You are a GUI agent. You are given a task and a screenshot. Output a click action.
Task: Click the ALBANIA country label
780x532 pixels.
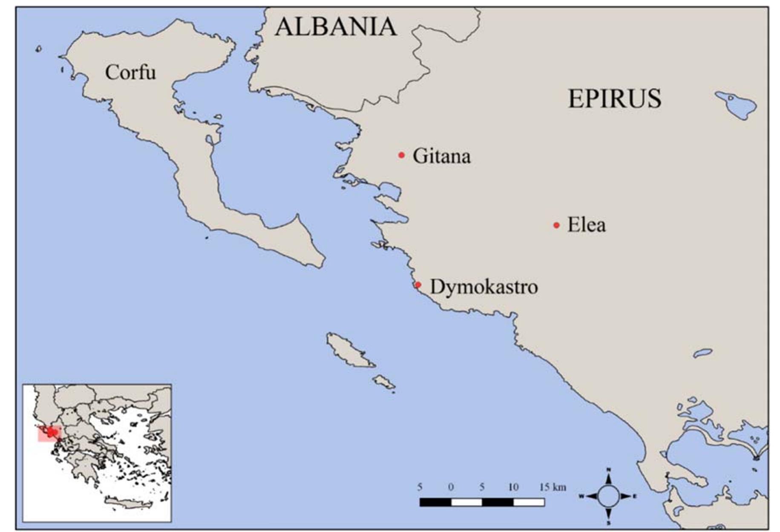pyautogui.click(x=335, y=27)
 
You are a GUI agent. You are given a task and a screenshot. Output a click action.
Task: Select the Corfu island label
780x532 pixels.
pyautogui.click(x=130, y=72)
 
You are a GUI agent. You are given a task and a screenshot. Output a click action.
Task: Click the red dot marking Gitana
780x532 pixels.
pyautogui.click(x=401, y=155)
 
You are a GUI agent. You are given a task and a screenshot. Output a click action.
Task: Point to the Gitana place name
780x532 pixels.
pyautogui.click(x=441, y=156)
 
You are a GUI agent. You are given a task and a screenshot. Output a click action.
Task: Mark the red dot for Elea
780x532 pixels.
pyautogui.click(x=556, y=225)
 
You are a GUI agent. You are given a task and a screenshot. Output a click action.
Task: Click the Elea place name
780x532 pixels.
pyautogui.click(x=586, y=225)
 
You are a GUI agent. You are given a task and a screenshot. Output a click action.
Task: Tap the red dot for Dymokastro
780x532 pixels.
pyautogui.click(x=418, y=285)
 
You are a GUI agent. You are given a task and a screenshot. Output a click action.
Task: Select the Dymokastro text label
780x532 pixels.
pyautogui.click(x=484, y=287)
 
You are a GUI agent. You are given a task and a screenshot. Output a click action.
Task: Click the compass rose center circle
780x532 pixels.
pyautogui.click(x=608, y=496)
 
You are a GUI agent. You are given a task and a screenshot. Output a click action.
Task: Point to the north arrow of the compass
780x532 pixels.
pyautogui.click(x=608, y=477)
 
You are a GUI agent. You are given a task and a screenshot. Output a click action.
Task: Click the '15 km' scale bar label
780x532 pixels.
pyautogui.click(x=553, y=487)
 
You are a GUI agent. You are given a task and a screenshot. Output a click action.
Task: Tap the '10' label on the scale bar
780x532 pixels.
pyautogui.click(x=513, y=487)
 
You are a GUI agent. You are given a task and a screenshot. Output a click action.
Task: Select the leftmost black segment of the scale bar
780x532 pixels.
pyautogui.click(x=435, y=503)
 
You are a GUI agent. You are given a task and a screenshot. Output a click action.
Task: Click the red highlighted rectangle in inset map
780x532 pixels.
pyautogui.click(x=49, y=434)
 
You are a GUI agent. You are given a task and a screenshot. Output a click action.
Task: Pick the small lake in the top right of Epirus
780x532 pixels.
pyautogui.click(x=736, y=105)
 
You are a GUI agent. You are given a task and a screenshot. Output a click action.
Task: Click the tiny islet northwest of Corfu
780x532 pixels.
pyautogui.click(x=39, y=49)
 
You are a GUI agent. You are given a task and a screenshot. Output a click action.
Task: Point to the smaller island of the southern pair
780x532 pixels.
pyautogui.click(x=384, y=382)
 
